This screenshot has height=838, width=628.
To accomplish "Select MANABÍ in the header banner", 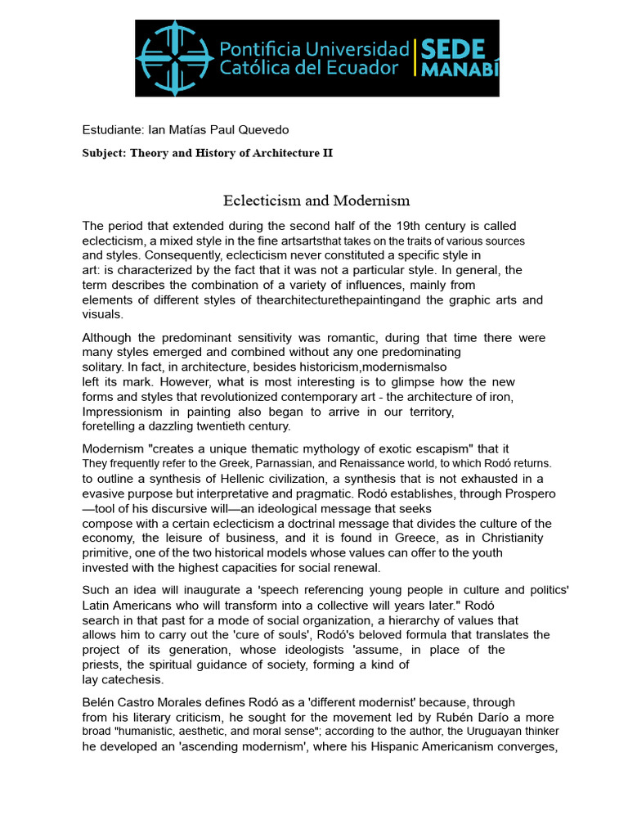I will (x=460, y=69).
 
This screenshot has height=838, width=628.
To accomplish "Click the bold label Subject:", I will (x=104, y=153).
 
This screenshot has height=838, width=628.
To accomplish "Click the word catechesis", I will (x=130, y=679).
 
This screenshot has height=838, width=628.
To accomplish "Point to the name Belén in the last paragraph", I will (x=99, y=701).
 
